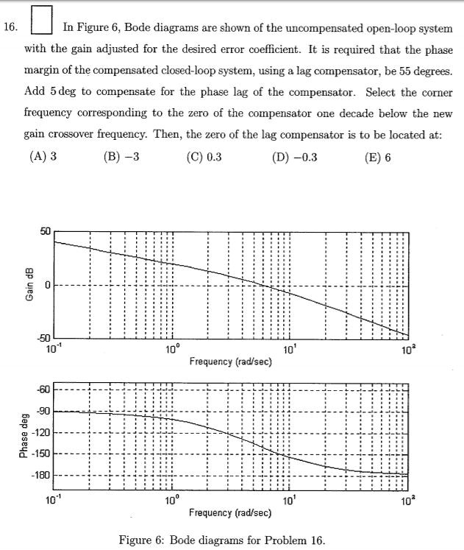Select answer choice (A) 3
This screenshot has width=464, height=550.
(43, 156)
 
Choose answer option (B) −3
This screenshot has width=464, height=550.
(122, 156)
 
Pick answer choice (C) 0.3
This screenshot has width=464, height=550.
(204, 156)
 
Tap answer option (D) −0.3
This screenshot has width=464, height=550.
(293, 156)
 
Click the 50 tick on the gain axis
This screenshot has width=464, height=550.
(45, 231)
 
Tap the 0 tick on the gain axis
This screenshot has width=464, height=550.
(48, 285)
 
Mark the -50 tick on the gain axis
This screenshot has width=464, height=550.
(43, 339)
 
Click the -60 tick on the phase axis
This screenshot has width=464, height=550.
(43, 389)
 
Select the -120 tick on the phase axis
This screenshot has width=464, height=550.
(41, 432)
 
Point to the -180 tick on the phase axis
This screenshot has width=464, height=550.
(41, 475)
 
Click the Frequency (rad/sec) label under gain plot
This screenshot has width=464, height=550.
(230, 362)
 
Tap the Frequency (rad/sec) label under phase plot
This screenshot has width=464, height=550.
(230, 512)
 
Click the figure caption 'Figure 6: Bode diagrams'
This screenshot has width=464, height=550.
(221, 540)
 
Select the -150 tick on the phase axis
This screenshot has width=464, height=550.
(41, 454)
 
